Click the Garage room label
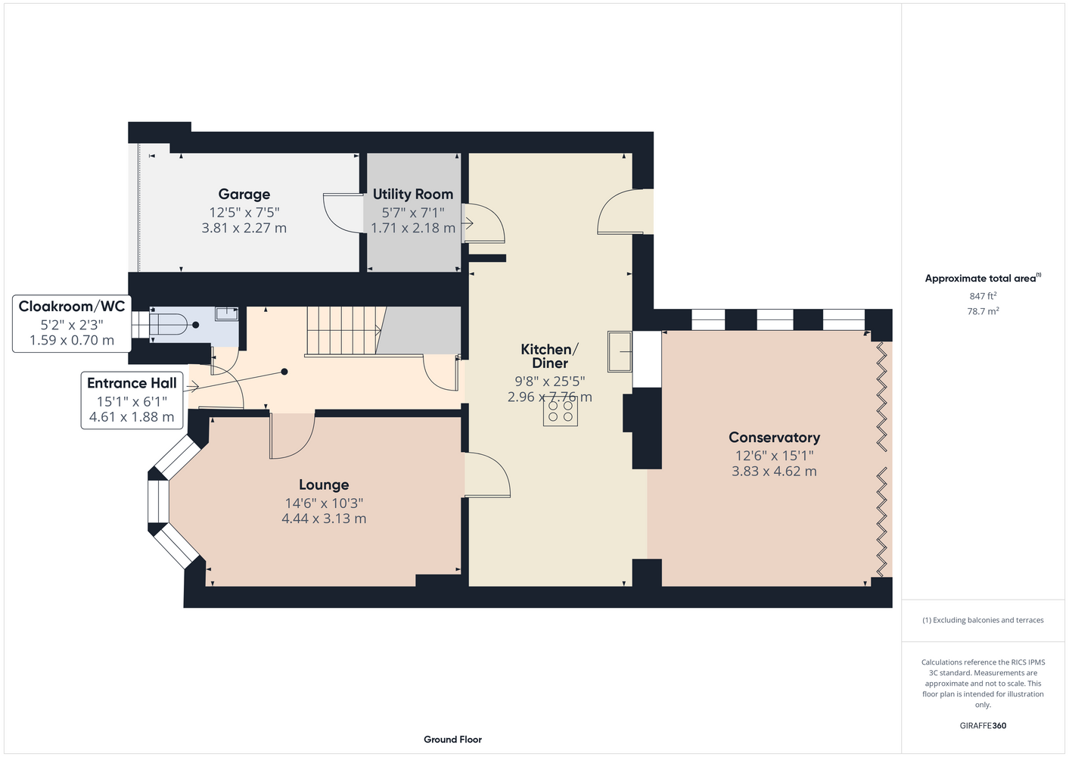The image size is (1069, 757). click(x=244, y=195)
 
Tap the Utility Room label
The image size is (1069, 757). click(x=413, y=195)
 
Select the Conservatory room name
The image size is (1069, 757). click(x=774, y=438)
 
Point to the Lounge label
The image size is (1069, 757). click(x=324, y=484)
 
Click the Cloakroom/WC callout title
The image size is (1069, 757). click(x=72, y=306)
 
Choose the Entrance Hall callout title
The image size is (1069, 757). click(x=132, y=383)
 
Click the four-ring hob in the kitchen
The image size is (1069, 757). click(x=561, y=411)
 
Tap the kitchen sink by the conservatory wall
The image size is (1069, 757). click(x=620, y=351)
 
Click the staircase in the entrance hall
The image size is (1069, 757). click(x=344, y=331)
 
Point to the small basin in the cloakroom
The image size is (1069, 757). click(x=227, y=313)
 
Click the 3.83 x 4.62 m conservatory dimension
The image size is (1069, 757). click(x=774, y=472)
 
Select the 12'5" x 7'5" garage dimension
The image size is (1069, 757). click(x=244, y=212)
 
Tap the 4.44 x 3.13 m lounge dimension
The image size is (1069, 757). click(x=324, y=519)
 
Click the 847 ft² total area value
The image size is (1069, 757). click(x=983, y=296)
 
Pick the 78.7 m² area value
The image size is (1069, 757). click(x=983, y=311)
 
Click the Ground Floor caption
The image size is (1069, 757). click(x=452, y=740)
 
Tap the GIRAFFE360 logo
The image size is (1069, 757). click(x=983, y=725)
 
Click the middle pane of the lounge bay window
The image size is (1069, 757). click(x=158, y=501)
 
